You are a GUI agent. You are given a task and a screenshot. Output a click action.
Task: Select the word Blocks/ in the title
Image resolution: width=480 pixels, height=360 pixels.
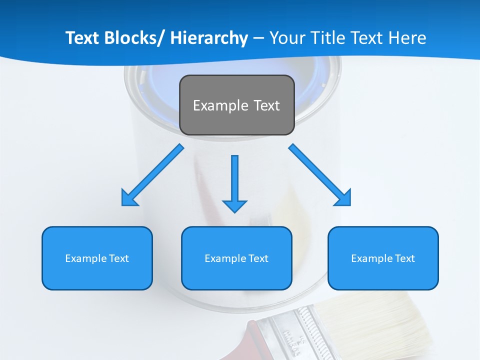134,38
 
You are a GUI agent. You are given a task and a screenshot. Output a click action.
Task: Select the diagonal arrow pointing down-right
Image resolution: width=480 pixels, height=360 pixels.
319,175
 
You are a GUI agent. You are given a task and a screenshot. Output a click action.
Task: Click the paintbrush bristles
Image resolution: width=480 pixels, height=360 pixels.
395,325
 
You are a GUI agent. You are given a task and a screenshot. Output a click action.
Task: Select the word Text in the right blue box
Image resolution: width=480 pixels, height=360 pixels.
405,258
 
